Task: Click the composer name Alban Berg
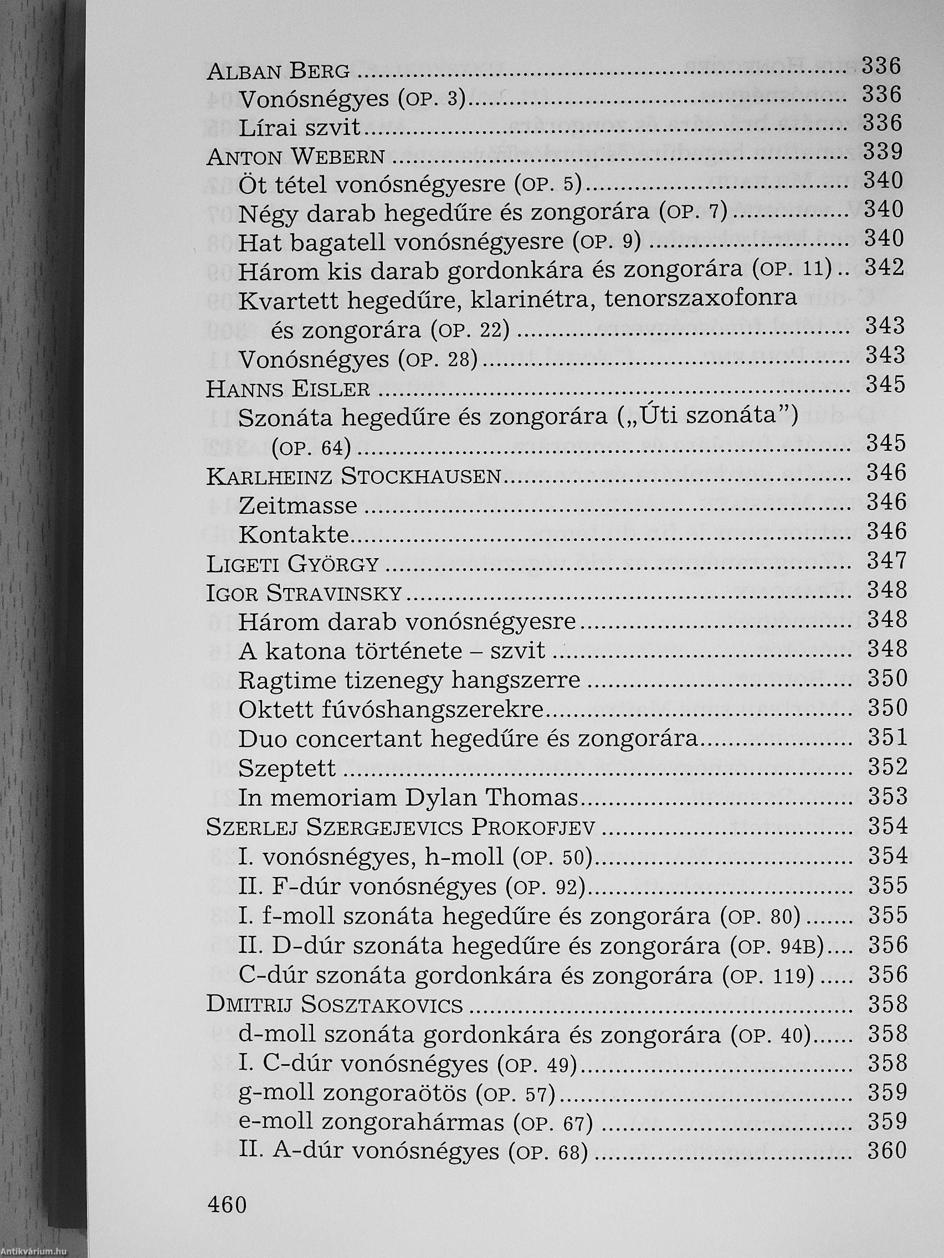(x=278, y=71)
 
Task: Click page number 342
(x=884, y=268)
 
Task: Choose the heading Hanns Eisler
(x=288, y=389)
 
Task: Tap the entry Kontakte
(x=294, y=534)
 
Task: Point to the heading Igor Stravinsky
(x=304, y=594)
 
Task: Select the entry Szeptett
(x=288, y=769)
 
